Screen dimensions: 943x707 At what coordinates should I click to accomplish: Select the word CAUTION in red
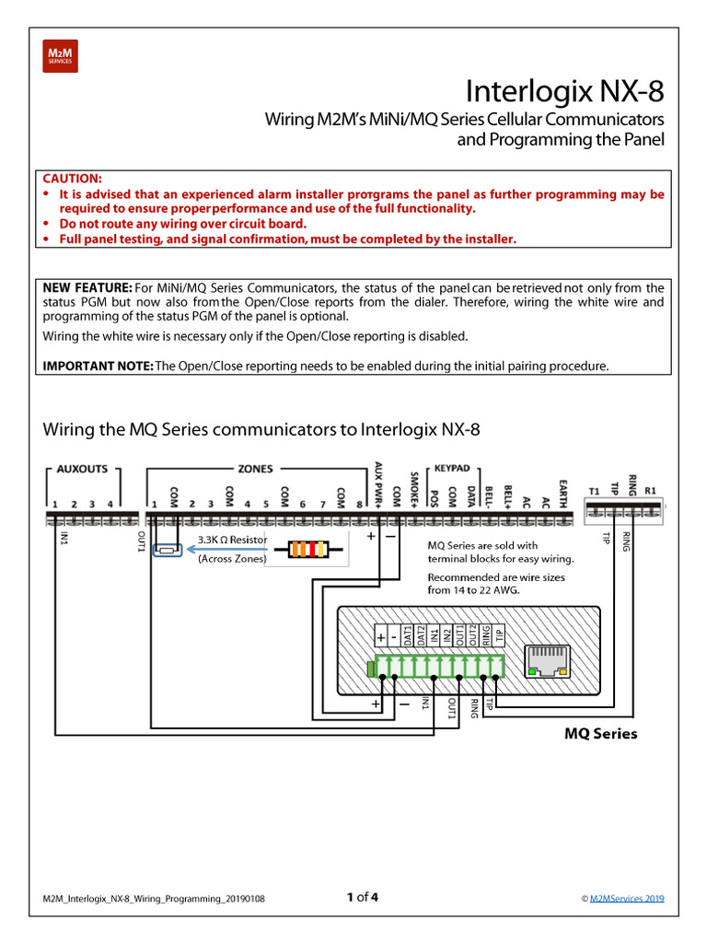click(73, 178)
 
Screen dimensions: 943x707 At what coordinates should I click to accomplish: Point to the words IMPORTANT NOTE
click(99, 366)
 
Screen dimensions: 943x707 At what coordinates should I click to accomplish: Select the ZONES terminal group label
click(255, 469)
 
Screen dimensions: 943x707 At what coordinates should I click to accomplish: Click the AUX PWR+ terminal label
click(377, 480)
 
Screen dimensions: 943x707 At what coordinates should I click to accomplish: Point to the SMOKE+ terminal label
click(414, 484)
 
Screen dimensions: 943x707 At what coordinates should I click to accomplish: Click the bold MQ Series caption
click(599, 734)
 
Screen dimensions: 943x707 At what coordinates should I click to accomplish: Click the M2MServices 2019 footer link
click(627, 899)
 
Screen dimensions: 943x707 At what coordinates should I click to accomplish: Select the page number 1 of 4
click(362, 897)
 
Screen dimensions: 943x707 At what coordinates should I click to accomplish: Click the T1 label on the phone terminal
click(594, 491)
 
